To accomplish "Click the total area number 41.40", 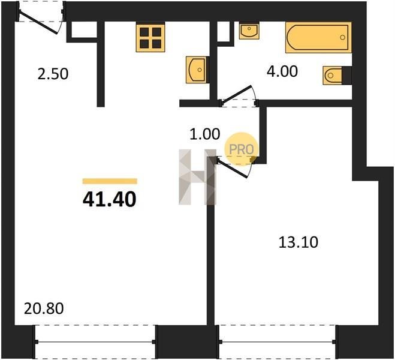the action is tap(109, 199).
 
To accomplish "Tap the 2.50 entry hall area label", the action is tap(53, 74).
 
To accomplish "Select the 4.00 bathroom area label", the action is tap(282, 71).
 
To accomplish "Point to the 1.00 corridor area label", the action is tap(205, 134).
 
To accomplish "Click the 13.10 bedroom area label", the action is tap(298, 242).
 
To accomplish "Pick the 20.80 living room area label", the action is tap(44, 308).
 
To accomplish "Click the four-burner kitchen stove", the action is tap(150, 37).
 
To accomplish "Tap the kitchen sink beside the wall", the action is tap(196, 70).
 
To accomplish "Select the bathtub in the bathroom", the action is tap(318, 37).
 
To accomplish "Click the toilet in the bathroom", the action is tap(333, 75).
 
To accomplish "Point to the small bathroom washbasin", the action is tap(249, 31).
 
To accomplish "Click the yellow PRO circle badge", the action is tap(242, 149).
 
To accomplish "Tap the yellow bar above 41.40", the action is tap(110, 181).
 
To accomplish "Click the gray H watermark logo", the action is tap(198, 177).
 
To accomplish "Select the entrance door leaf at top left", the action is tap(38, 23).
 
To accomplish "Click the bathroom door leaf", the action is tap(236, 94).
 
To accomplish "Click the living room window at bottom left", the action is tap(95, 342).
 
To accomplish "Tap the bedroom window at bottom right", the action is tap(277, 342).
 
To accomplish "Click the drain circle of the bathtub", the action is tap(342, 37).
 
